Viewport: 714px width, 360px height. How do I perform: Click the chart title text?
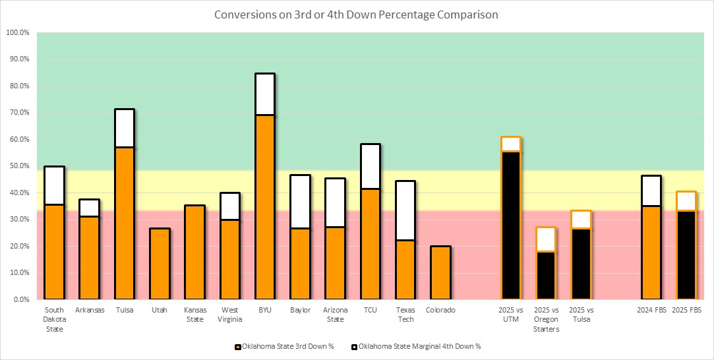(x=356, y=13)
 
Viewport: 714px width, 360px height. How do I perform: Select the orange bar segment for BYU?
(x=265, y=207)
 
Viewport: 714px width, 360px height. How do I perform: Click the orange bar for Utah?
(x=160, y=264)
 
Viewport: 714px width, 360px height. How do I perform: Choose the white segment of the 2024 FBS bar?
(x=651, y=191)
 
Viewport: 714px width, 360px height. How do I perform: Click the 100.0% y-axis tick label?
(x=18, y=32)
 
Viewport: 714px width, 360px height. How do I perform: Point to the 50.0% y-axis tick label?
(x=18, y=166)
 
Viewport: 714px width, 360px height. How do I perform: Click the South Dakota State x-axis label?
(x=54, y=319)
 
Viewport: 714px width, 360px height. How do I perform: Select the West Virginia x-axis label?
(x=230, y=315)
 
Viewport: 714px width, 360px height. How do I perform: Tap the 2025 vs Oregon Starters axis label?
(x=546, y=319)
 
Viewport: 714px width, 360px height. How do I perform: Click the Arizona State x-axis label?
(x=335, y=315)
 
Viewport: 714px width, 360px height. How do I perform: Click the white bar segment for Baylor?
(x=300, y=202)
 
